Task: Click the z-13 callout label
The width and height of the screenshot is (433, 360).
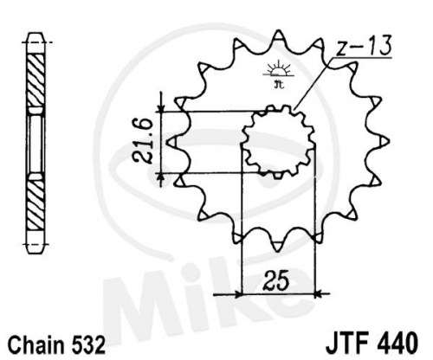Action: (x=364, y=46)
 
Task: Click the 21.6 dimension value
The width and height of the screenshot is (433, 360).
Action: (x=142, y=142)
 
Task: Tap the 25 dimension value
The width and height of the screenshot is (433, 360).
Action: (x=275, y=280)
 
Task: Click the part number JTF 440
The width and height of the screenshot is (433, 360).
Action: (x=372, y=343)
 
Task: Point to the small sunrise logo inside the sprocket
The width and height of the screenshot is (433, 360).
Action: (x=279, y=74)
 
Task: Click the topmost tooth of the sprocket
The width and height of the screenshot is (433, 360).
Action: (x=278, y=37)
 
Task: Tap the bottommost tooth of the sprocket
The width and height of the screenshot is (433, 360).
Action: (x=278, y=244)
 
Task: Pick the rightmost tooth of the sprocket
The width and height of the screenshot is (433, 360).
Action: (x=380, y=142)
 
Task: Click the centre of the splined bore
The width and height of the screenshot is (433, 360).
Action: (x=279, y=142)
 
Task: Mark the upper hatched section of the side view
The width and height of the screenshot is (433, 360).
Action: (x=36, y=80)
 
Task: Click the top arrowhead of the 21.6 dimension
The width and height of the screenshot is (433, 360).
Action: (x=161, y=108)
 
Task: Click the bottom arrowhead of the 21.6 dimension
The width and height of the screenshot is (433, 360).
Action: (x=161, y=177)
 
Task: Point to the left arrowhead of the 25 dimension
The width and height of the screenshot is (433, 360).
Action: (x=237, y=294)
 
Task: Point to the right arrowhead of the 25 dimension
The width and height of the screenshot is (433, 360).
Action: (x=318, y=294)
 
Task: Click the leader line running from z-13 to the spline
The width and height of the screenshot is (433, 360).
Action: (x=313, y=84)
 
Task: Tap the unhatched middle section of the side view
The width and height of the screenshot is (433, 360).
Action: (x=36, y=144)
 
